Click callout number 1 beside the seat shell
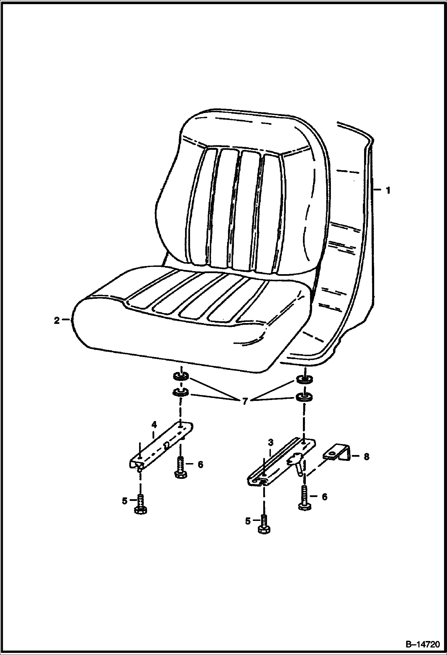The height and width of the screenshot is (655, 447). [x=388, y=190]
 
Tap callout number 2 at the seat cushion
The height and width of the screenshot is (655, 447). [x=57, y=321]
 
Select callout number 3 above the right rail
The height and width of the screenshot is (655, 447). [x=271, y=442]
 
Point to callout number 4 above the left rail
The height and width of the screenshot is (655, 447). [x=154, y=424]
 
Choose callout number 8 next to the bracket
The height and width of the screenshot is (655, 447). [x=366, y=457]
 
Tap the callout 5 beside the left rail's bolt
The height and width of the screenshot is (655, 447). [x=125, y=501]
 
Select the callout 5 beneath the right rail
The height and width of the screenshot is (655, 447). [x=248, y=521]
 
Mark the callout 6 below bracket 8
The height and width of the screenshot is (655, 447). [x=324, y=497]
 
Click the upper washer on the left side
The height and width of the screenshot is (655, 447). [x=181, y=377]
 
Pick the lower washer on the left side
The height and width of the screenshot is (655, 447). [x=181, y=392]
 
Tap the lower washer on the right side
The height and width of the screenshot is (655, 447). [x=304, y=397]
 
